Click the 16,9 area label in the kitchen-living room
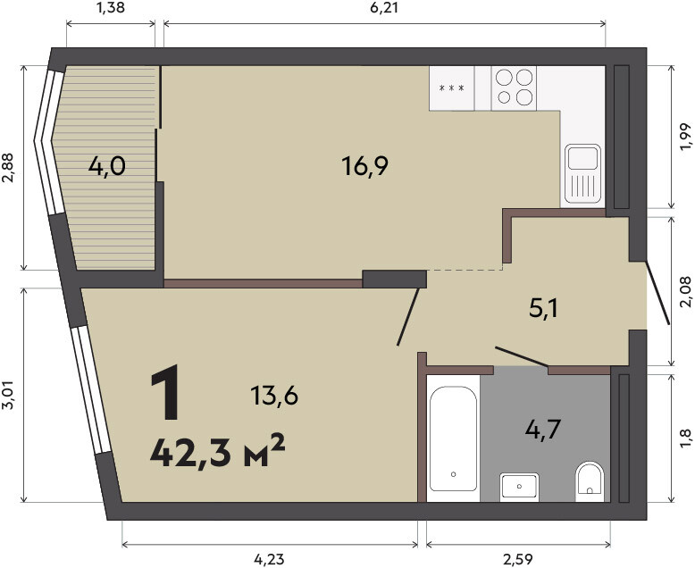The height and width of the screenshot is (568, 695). (364, 166)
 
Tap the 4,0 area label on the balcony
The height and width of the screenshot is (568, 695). (107, 167)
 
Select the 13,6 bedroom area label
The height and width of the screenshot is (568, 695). (274, 396)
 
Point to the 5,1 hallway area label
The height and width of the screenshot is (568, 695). (544, 308)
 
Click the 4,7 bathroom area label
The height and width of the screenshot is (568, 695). (543, 430)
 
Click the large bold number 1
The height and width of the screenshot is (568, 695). (165, 392)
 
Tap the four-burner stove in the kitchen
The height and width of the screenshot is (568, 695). (514, 88)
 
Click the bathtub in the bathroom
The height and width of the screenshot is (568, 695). (453, 439)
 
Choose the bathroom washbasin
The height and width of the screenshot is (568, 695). (520, 487)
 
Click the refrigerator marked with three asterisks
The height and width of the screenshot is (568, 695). (452, 88)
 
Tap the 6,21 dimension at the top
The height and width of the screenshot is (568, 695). (384, 7)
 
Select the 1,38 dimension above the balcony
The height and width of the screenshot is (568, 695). (110, 7)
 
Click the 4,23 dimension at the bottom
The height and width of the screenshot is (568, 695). (269, 560)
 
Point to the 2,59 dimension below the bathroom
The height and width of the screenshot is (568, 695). (518, 560)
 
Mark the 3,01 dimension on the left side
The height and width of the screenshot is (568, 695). (9, 396)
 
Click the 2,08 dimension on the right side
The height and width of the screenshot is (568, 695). (685, 291)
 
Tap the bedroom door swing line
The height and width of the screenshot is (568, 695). (407, 317)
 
